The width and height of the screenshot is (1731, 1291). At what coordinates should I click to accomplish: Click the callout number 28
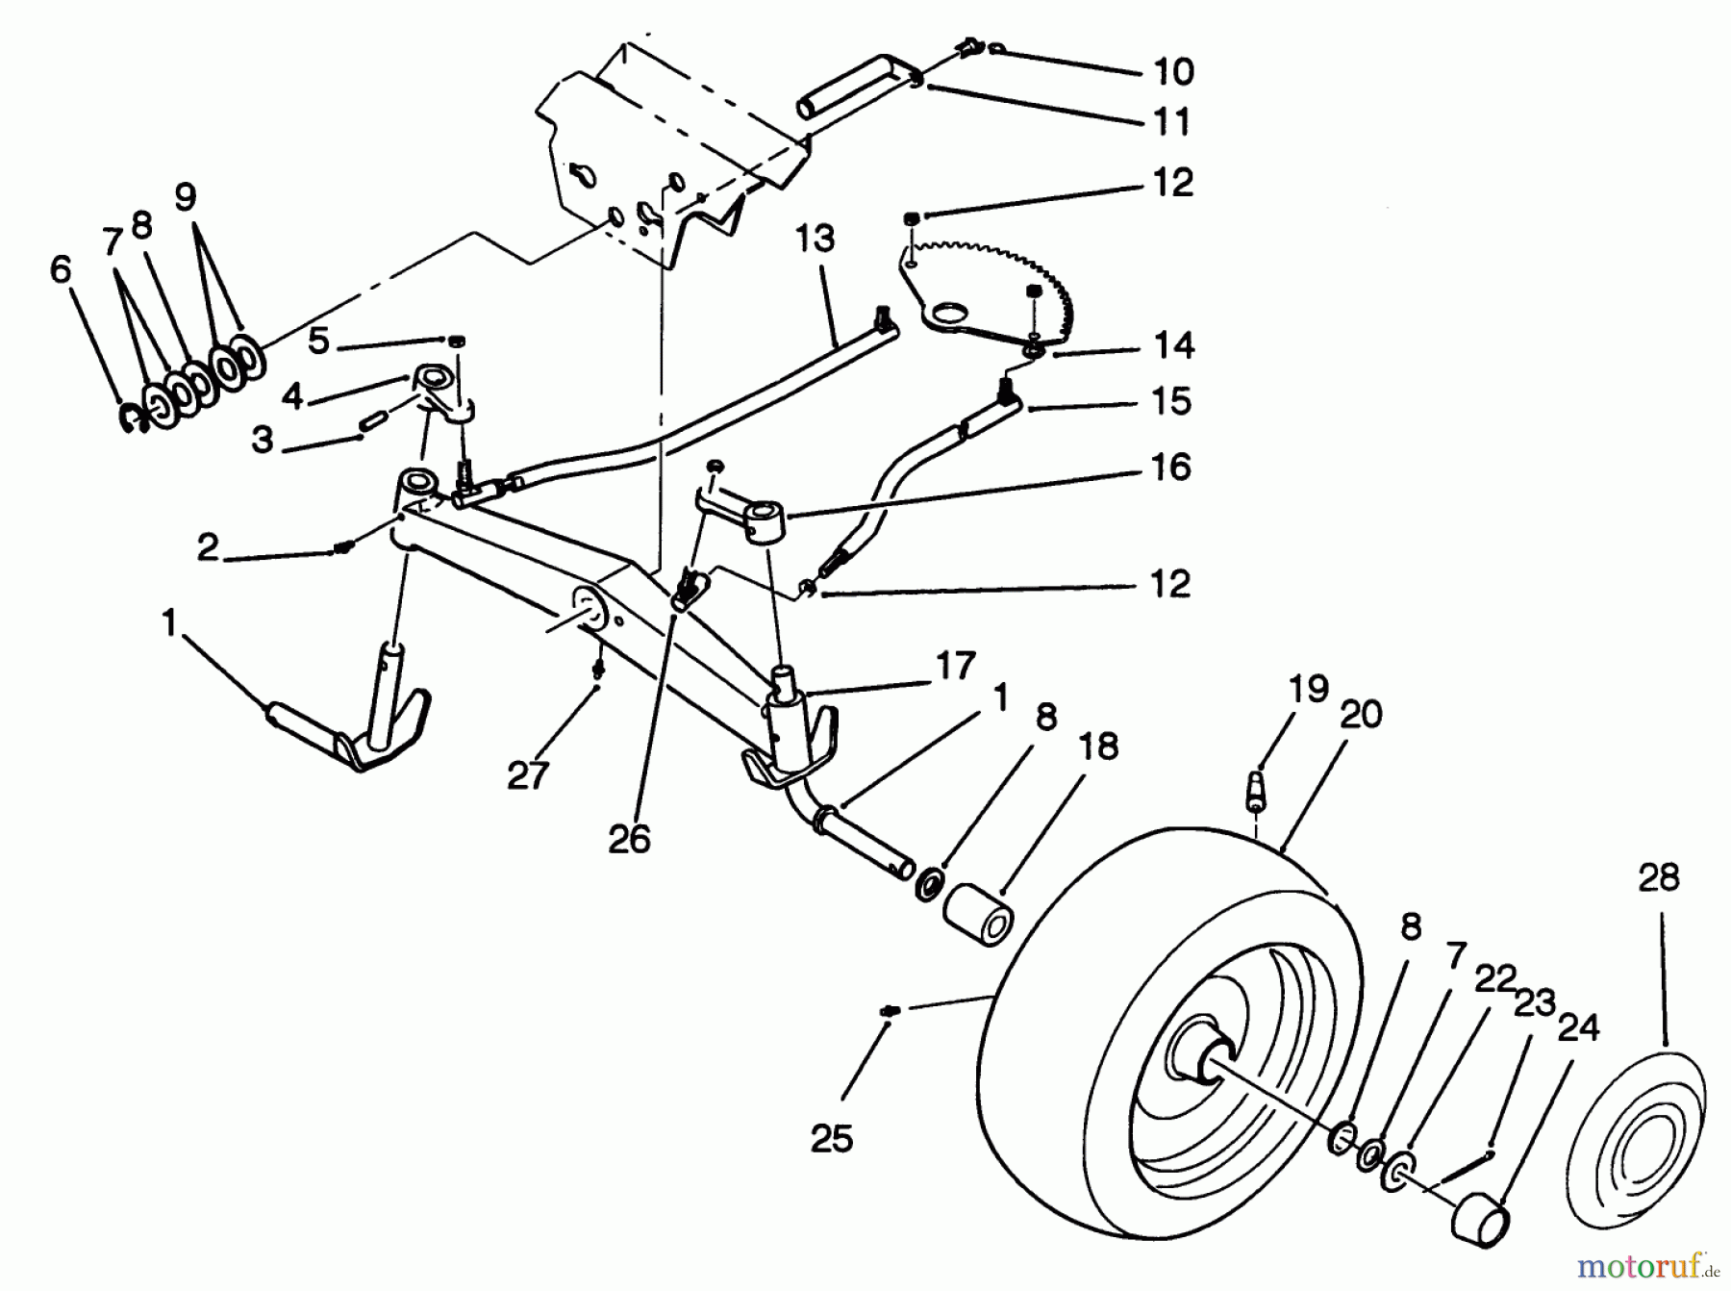tap(1659, 877)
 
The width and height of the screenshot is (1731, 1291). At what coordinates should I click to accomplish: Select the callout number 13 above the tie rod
tap(815, 238)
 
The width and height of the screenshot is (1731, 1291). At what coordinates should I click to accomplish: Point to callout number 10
tap(1171, 71)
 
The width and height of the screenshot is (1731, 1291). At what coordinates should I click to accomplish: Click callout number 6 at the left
tap(60, 269)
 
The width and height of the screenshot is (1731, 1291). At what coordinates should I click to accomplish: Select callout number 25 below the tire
tap(831, 1139)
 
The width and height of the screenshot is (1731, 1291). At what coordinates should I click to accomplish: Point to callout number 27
tap(527, 774)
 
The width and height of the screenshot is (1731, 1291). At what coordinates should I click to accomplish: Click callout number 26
tap(630, 839)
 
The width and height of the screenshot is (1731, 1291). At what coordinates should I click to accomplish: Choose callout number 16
tap(1170, 468)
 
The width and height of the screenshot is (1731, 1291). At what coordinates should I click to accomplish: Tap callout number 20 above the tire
tap(1360, 714)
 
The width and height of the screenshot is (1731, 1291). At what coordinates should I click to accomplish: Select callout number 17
tap(955, 665)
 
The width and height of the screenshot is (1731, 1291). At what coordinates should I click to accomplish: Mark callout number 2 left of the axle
tap(208, 547)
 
